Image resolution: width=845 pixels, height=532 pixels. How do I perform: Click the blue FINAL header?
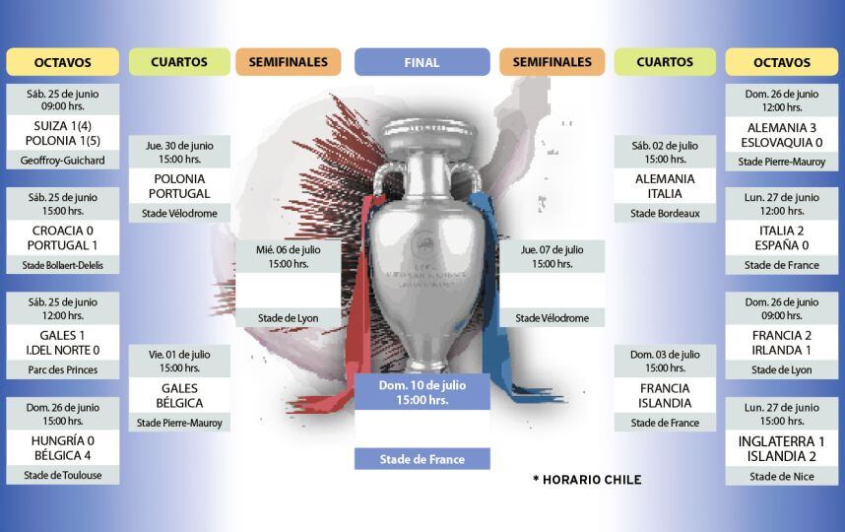422,62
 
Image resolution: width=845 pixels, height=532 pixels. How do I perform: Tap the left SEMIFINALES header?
288,62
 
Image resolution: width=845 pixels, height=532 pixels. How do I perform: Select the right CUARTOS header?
665,62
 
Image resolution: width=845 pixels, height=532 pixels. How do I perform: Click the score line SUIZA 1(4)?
62,125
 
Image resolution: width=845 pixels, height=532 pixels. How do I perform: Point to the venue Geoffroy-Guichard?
62,160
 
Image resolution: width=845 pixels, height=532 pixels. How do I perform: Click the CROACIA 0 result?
62,230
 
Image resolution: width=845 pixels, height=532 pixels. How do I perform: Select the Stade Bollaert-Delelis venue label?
62,265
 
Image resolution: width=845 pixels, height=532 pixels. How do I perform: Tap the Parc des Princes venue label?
62,369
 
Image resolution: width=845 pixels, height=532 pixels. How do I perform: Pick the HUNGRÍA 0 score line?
62,440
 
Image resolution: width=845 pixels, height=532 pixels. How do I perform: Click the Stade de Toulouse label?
62,475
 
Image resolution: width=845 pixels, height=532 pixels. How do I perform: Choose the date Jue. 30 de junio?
178,145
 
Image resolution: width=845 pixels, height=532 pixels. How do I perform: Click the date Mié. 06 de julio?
289,250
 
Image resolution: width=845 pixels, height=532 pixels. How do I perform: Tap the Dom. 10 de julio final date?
422,384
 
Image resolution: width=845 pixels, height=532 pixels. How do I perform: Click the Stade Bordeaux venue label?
665,213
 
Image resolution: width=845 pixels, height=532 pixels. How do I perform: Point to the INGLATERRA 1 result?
782,441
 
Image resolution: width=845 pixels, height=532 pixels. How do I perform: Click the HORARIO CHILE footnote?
587,480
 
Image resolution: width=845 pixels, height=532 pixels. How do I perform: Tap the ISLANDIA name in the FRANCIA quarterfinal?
665,403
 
